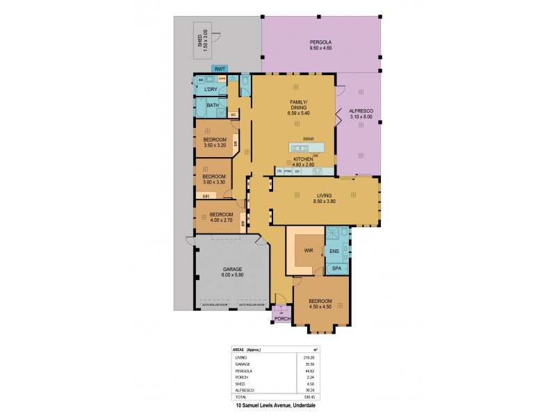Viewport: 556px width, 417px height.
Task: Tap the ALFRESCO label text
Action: (361, 111)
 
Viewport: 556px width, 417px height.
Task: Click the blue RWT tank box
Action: (220, 69)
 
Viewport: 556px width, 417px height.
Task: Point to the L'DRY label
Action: (211, 89)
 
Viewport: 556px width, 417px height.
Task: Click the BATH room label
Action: (213, 106)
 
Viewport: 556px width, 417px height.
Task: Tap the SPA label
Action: (336, 268)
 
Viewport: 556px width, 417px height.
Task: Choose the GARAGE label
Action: (232, 268)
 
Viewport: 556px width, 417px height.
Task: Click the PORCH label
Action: (283, 318)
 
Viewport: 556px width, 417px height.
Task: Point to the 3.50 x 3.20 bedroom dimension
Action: (215, 145)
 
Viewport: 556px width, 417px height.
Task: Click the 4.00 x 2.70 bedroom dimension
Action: (221, 220)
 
